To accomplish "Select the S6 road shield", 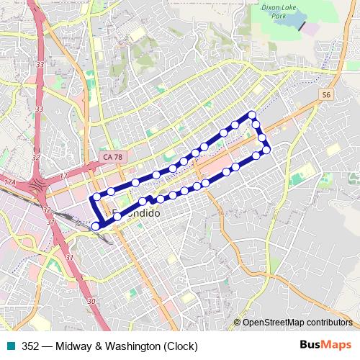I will pyautogui.click(x=326, y=94).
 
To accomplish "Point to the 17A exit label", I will pyautogui.click(x=9, y=184).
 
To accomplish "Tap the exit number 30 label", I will pyautogui.click(x=91, y=301).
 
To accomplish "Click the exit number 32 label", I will pyautogui.click(x=47, y=209).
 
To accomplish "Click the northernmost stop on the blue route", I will pyautogui.click(x=252, y=115).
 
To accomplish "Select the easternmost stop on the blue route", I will pyautogui.click(x=266, y=149).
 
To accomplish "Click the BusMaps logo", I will pyautogui.click(x=326, y=346).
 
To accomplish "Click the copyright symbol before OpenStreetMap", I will pyautogui.click(x=237, y=323).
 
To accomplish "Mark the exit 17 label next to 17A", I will pyautogui.click(x=63, y=176).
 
